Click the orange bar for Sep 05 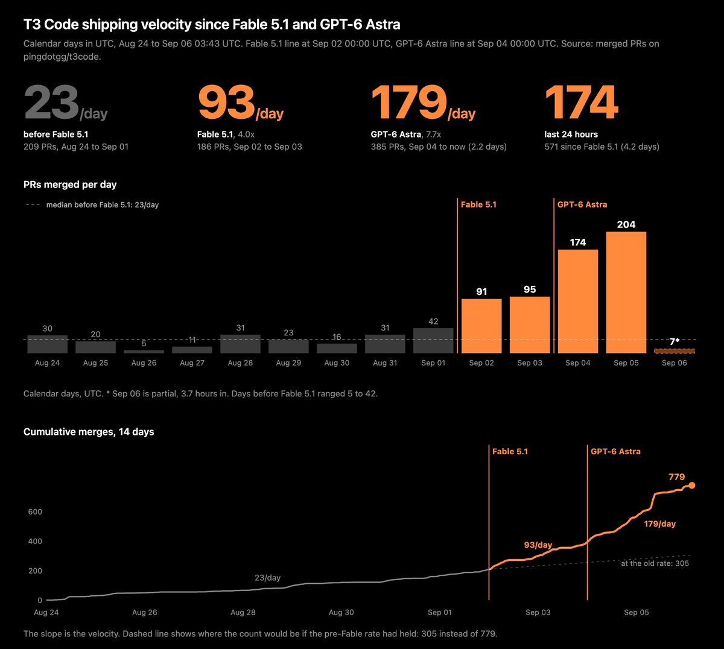point(626,293)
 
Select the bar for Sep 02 point(481,326)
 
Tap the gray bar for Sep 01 point(433,341)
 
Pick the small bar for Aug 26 point(144,352)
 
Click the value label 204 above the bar point(626,224)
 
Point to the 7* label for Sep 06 point(675,341)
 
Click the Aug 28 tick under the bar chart point(240,362)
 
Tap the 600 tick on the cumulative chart point(35,511)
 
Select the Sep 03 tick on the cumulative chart point(538,612)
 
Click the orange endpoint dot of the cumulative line point(692,486)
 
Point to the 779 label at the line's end point(676,476)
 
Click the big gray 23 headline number point(51,103)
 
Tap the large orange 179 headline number point(409,103)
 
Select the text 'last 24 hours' point(571,135)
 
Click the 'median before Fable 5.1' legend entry point(92,205)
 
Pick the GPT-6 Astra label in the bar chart point(582,204)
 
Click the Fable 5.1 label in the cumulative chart point(510,451)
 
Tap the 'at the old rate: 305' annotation point(655,563)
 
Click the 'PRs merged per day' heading point(70,185)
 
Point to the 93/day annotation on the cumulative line point(538,545)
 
